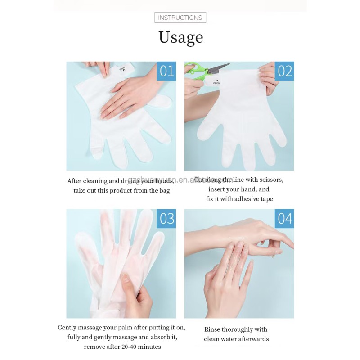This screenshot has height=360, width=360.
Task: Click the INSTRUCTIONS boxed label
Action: pyautogui.click(x=180, y=18)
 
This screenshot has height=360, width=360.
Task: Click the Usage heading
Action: pyautogui.click(x=180, y=37)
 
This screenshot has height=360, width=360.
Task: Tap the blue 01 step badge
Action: pyautogui.click(x=166, y=71)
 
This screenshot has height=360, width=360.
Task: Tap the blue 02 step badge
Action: pyautogui.click(x=284, y=71)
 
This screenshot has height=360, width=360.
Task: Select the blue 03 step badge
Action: pyautogui.click(x=166, y=218)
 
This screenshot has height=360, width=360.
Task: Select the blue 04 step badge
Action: pyautogui.click(x=284, y=219)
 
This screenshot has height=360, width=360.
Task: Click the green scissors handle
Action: pyautogui.click(x=197, y=69)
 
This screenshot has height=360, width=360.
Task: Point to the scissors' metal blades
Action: pyautogui.click(x=219, y=68)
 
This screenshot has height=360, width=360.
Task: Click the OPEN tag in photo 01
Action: pyautogui.click(x=122, y=68)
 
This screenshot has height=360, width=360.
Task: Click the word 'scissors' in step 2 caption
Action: pyautogui.click(x=270, y=180)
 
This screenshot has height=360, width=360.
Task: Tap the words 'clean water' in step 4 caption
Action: pyautogui.click(x=221, y=339)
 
